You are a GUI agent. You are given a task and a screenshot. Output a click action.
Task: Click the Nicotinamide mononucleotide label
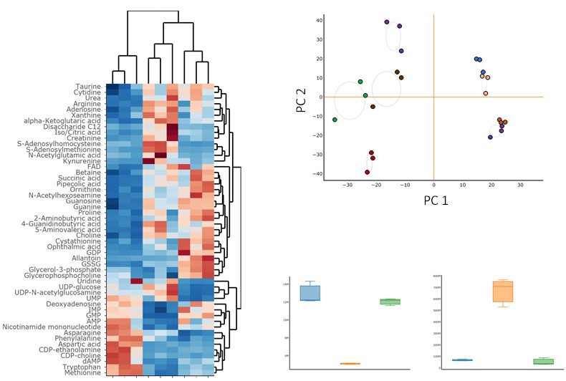tap(57, 327)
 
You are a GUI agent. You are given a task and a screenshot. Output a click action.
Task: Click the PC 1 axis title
tap(436, 201)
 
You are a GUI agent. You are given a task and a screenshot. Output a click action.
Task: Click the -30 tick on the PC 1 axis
tap(347, 184)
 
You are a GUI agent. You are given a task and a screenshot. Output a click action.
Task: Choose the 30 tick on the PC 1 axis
tap(521, 184)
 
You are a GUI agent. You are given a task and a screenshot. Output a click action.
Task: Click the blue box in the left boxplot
tap(310, 293)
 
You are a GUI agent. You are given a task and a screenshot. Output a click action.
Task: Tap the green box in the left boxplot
tap(390, 302)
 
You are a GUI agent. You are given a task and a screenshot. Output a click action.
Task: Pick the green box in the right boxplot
tap(544, 361)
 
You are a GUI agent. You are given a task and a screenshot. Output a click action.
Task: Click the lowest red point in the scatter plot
tap(368, 173)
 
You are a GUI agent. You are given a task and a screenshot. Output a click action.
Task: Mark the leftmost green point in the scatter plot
tap(335, 120)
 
